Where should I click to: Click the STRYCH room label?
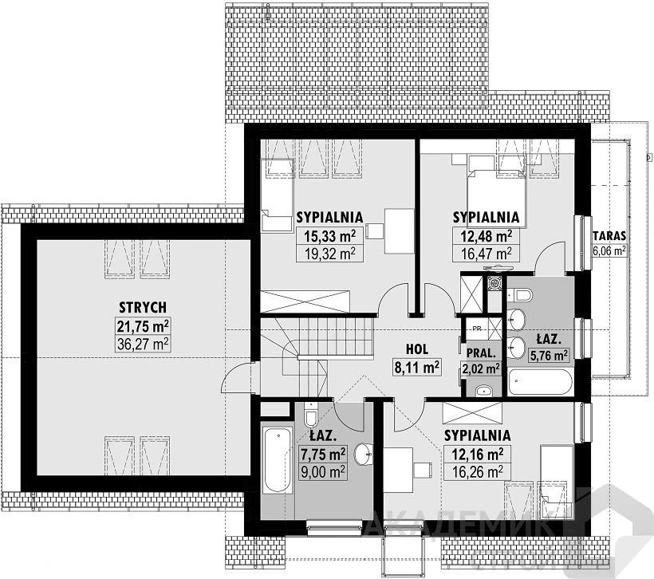tap(143, 307)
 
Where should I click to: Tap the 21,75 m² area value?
tap(143, 326)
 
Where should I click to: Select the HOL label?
tap(417, 349)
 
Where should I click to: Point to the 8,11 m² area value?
tap(417, 368)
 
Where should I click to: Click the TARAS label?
tap(609, 236)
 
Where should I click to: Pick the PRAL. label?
tap(481, 354)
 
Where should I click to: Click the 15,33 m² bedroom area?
tap(329, 237)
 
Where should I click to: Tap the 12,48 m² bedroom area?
tap(487, 237)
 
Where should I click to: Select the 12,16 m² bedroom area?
tap(478, 455)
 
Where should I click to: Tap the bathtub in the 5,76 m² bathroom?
tap(539, 382)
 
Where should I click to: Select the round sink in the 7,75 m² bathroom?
tap(363, 454)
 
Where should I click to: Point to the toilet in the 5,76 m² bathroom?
tap(522, 296)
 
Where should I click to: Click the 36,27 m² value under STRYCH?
tap(143, 344)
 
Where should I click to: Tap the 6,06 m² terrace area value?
tap(609, 250)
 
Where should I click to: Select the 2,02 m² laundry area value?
tap(481, 368)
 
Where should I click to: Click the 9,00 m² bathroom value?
tap(323, 471)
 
